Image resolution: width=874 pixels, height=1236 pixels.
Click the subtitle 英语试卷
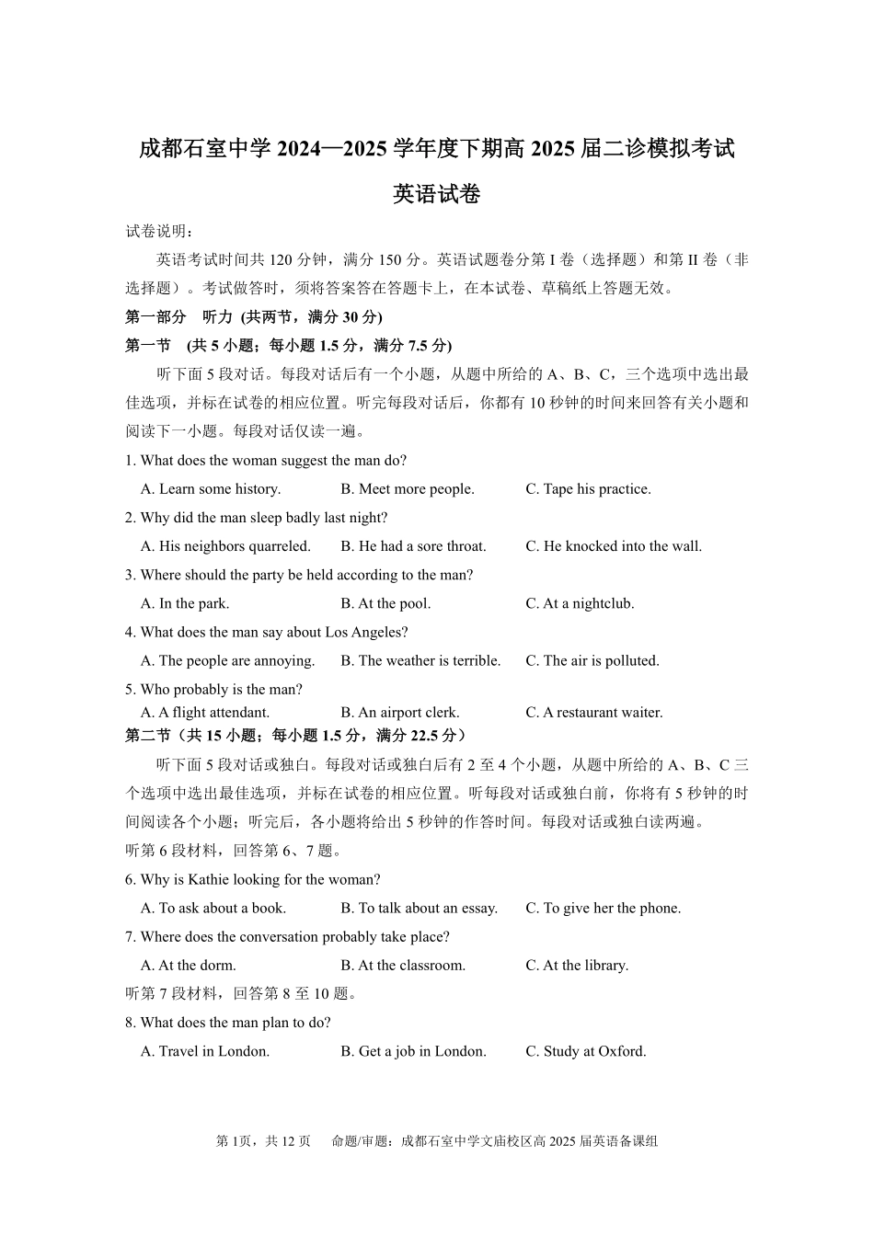436,195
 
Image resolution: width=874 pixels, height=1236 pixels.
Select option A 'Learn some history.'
211,489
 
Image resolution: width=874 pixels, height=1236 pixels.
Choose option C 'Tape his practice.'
588,489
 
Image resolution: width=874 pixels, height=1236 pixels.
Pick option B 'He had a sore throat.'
413,546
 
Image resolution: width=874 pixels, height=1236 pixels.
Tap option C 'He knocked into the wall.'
614,546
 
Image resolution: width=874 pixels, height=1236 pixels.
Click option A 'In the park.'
185,604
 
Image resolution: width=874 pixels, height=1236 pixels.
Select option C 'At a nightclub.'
580,604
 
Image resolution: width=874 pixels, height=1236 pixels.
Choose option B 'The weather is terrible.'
420,661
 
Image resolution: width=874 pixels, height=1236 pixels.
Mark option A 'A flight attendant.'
205,713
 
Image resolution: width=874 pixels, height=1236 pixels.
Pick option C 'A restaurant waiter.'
593,713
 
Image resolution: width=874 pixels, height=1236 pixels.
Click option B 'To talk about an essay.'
419,909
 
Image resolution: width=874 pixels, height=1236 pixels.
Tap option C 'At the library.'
577,966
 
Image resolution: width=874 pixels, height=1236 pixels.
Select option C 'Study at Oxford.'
586,1052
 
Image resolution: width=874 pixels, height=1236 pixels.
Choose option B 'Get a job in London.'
413,1052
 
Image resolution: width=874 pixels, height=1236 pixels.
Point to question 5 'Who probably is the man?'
213,690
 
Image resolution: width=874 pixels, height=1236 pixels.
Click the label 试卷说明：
159,231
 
